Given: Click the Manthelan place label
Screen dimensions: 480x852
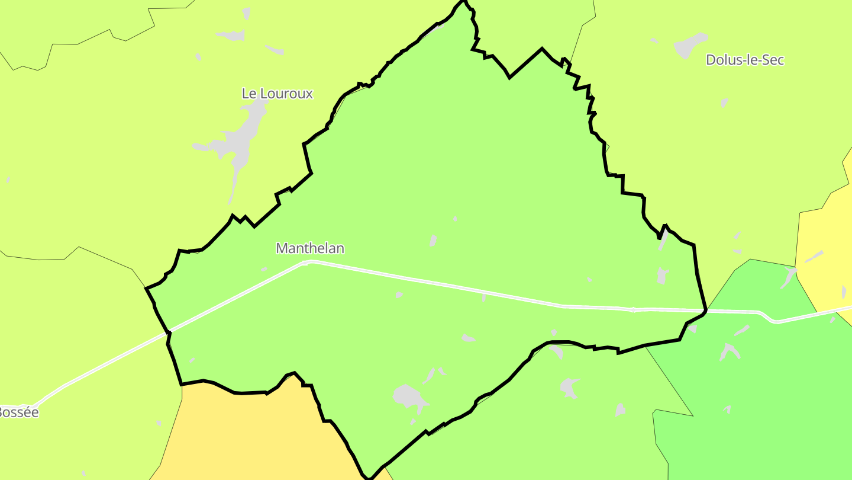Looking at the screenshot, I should pyautogui.click(x=310, y=248).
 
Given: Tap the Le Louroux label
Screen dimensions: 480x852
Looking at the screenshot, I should pyautogui.click(x=277, y=94).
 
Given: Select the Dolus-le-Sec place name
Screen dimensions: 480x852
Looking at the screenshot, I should pyautogui.click(x=744, y=60).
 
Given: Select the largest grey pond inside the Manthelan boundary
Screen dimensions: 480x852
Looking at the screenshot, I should pyautogui.click(x=408, y=395).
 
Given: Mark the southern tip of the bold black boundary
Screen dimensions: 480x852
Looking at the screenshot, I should pyautogui.click(x=369, y=478).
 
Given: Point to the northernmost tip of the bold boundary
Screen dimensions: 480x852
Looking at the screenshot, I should pyautogui.click(x=465, y=2).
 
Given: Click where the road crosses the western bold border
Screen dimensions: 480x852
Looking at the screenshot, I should pyautogui.click(x=169, y=332).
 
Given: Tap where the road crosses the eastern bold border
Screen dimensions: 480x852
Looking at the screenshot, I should pyautogui.click(x=705, y=311).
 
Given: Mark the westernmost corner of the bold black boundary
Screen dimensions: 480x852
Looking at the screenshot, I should pyautogui.click(x=146, y=288).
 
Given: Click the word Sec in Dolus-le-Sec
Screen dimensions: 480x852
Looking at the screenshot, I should pyautogui.click(x=772, y=60).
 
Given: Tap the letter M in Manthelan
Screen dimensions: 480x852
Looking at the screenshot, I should pyautogui.click(x=282, y=248).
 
